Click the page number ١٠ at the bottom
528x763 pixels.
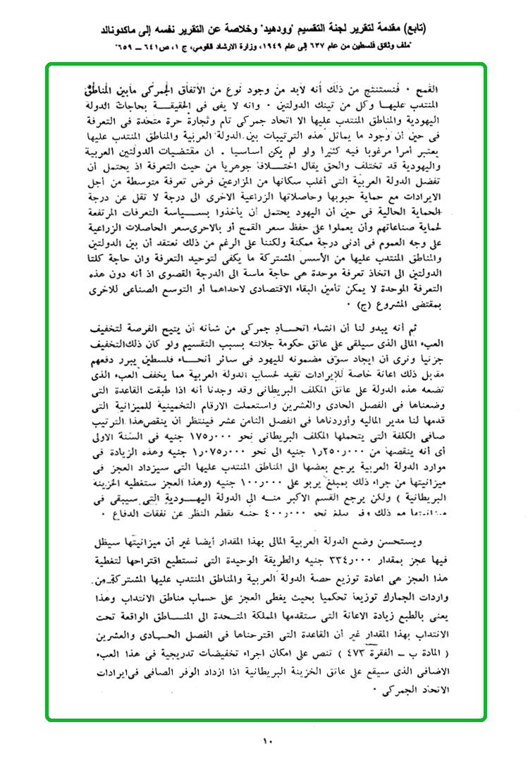(267, 741)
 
